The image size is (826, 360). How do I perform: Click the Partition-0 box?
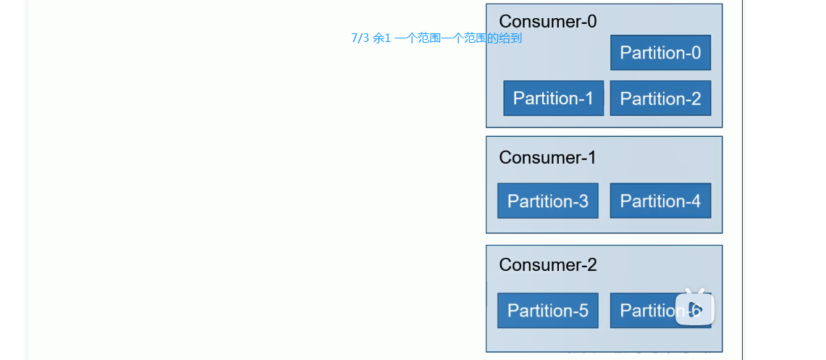click(x=660, y=53)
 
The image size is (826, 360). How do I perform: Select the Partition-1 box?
click(x=553, y=99)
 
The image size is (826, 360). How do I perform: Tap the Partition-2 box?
click(x=660, y=99)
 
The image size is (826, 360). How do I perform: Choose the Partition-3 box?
click(x=547, y=201)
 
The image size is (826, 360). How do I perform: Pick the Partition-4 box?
click(x=660, y=201)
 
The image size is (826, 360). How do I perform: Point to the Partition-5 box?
click(x=547, y=310)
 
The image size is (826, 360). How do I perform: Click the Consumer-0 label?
click(x=548, y=22)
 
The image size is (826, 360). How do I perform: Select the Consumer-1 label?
click(x=548, y=158)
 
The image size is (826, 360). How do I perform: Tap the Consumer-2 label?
click(x=548, y=265)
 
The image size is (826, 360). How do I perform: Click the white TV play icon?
click(x=695, y=308)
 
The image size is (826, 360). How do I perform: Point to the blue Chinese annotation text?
click(x=436, y=38)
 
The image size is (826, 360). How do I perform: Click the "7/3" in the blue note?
click(x=360, y=38)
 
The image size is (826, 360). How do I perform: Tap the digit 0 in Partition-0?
click(x=696, y=53)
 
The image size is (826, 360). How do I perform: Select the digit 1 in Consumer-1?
click(x=591, y=158)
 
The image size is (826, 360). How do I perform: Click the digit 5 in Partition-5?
click(x=583, y=311)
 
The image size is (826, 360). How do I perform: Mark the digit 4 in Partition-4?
click(x=696, y=201)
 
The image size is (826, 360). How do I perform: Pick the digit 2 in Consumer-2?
click(x=591, y=265)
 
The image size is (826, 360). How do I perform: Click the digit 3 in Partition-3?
click(x=583, y=201)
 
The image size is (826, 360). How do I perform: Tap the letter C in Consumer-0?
click(x=505, y=22)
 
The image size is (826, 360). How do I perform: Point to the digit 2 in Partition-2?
click(x=696, y=99)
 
